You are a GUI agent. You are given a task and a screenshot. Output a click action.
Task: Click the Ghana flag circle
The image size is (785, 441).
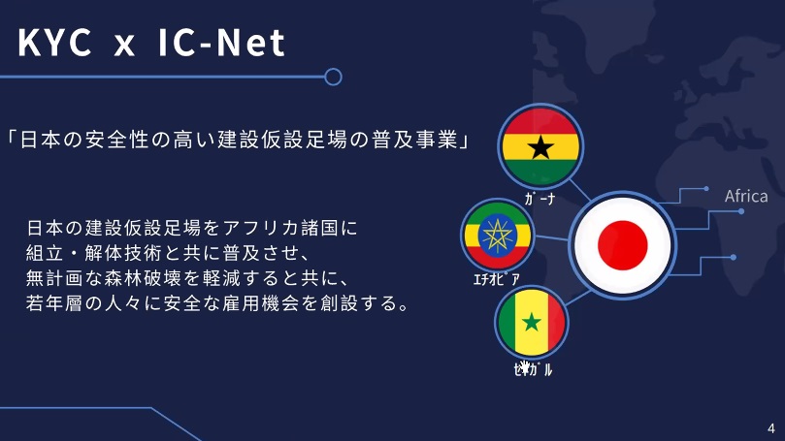[540, 146]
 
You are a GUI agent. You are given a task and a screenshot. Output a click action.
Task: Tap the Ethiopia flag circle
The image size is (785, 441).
[497, 235]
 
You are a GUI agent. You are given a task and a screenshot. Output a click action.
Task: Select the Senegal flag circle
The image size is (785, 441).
[532, 323]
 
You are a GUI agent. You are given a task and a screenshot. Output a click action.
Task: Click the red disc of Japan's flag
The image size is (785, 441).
[622, 245]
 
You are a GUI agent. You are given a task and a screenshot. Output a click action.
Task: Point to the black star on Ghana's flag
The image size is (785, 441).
[540, 147]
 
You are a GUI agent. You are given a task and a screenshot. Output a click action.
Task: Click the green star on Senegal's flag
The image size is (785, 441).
[532, 323]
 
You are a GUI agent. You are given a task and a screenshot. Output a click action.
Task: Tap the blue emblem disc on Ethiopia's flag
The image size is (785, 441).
[497, 235]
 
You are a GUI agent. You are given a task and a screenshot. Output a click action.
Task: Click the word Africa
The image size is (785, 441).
[746, 196]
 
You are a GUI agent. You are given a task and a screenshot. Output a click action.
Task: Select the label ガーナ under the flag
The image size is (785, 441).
[540, 199]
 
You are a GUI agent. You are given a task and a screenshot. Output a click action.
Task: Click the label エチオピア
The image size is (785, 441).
[497, 279]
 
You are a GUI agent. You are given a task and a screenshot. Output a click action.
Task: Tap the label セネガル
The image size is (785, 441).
[533, 369]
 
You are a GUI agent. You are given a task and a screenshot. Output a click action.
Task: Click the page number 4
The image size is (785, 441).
[771, 428]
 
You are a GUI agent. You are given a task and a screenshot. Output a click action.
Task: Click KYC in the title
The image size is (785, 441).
[55, 43]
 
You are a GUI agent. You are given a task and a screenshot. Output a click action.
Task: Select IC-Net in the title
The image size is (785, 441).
[221, 43]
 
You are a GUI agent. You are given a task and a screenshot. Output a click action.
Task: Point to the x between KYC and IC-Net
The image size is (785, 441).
[124, 47]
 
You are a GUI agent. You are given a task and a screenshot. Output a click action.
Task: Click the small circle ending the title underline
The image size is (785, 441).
[333, 77]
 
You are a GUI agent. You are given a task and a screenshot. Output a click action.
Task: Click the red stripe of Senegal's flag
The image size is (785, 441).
[556, 323]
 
